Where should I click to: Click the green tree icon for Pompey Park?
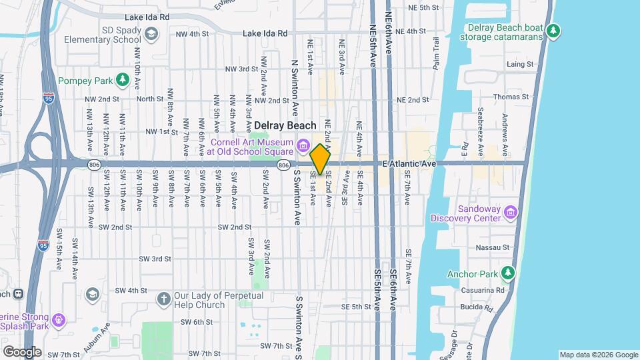[122, 81]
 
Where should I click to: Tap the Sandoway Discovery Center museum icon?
[511, 213]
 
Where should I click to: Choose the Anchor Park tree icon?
[508, 273]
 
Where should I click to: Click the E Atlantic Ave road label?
[409, 163]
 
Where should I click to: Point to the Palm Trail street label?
[437, 58]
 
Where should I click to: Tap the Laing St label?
[520, 65]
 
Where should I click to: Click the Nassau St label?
[493, 247]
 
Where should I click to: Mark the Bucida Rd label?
[475, 307]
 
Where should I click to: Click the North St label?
[149, 99]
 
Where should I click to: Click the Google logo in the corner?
[22, 351]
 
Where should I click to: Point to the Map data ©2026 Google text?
[598, 355]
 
